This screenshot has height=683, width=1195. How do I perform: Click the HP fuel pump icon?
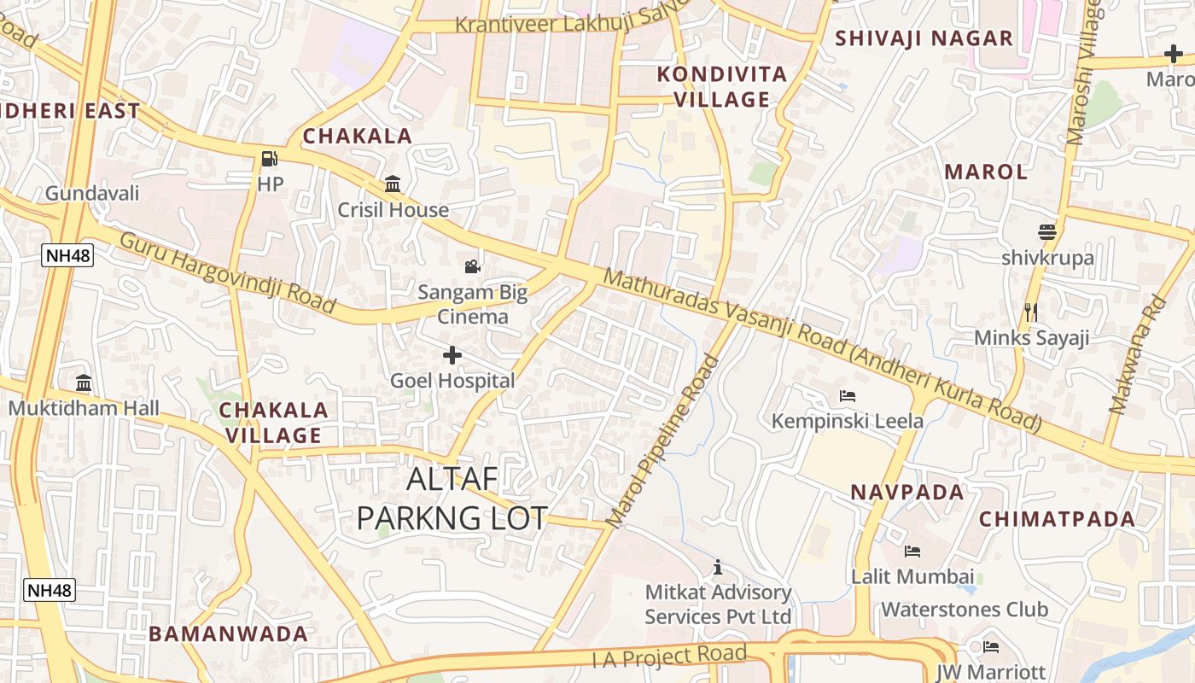click(270, 159)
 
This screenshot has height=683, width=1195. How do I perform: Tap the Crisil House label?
click(393, 210)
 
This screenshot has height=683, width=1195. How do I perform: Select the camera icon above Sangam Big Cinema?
click(472, 266)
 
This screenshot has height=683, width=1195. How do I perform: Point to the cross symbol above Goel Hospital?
click(452, 355)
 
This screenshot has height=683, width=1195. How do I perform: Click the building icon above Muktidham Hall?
click(84, 382)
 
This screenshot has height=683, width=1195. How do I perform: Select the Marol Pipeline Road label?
click(662, 441)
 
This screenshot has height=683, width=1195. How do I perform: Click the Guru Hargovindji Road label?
click(227, 271)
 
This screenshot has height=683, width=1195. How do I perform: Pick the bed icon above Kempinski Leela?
click(848, 396)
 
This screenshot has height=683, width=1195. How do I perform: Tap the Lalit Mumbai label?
click(912, 576)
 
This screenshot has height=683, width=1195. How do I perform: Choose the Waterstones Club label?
click(964, 610)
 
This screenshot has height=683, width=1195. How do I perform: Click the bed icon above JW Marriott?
click(990, 647)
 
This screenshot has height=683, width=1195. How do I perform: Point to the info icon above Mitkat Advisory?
click(718, 567)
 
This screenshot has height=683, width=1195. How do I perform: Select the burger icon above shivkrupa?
click(1047, 232)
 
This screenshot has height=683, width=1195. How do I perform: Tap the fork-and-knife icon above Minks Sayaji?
click(1031, 312)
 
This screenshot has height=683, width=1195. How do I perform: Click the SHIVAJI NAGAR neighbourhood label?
click(924, 38)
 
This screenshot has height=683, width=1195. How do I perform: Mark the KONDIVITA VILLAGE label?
click(721, 87)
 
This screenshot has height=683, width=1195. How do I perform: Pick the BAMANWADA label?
click(228, 633)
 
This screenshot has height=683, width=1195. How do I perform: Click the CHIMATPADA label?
click(1057, 519)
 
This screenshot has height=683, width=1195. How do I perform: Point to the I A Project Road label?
click(669, 656)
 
